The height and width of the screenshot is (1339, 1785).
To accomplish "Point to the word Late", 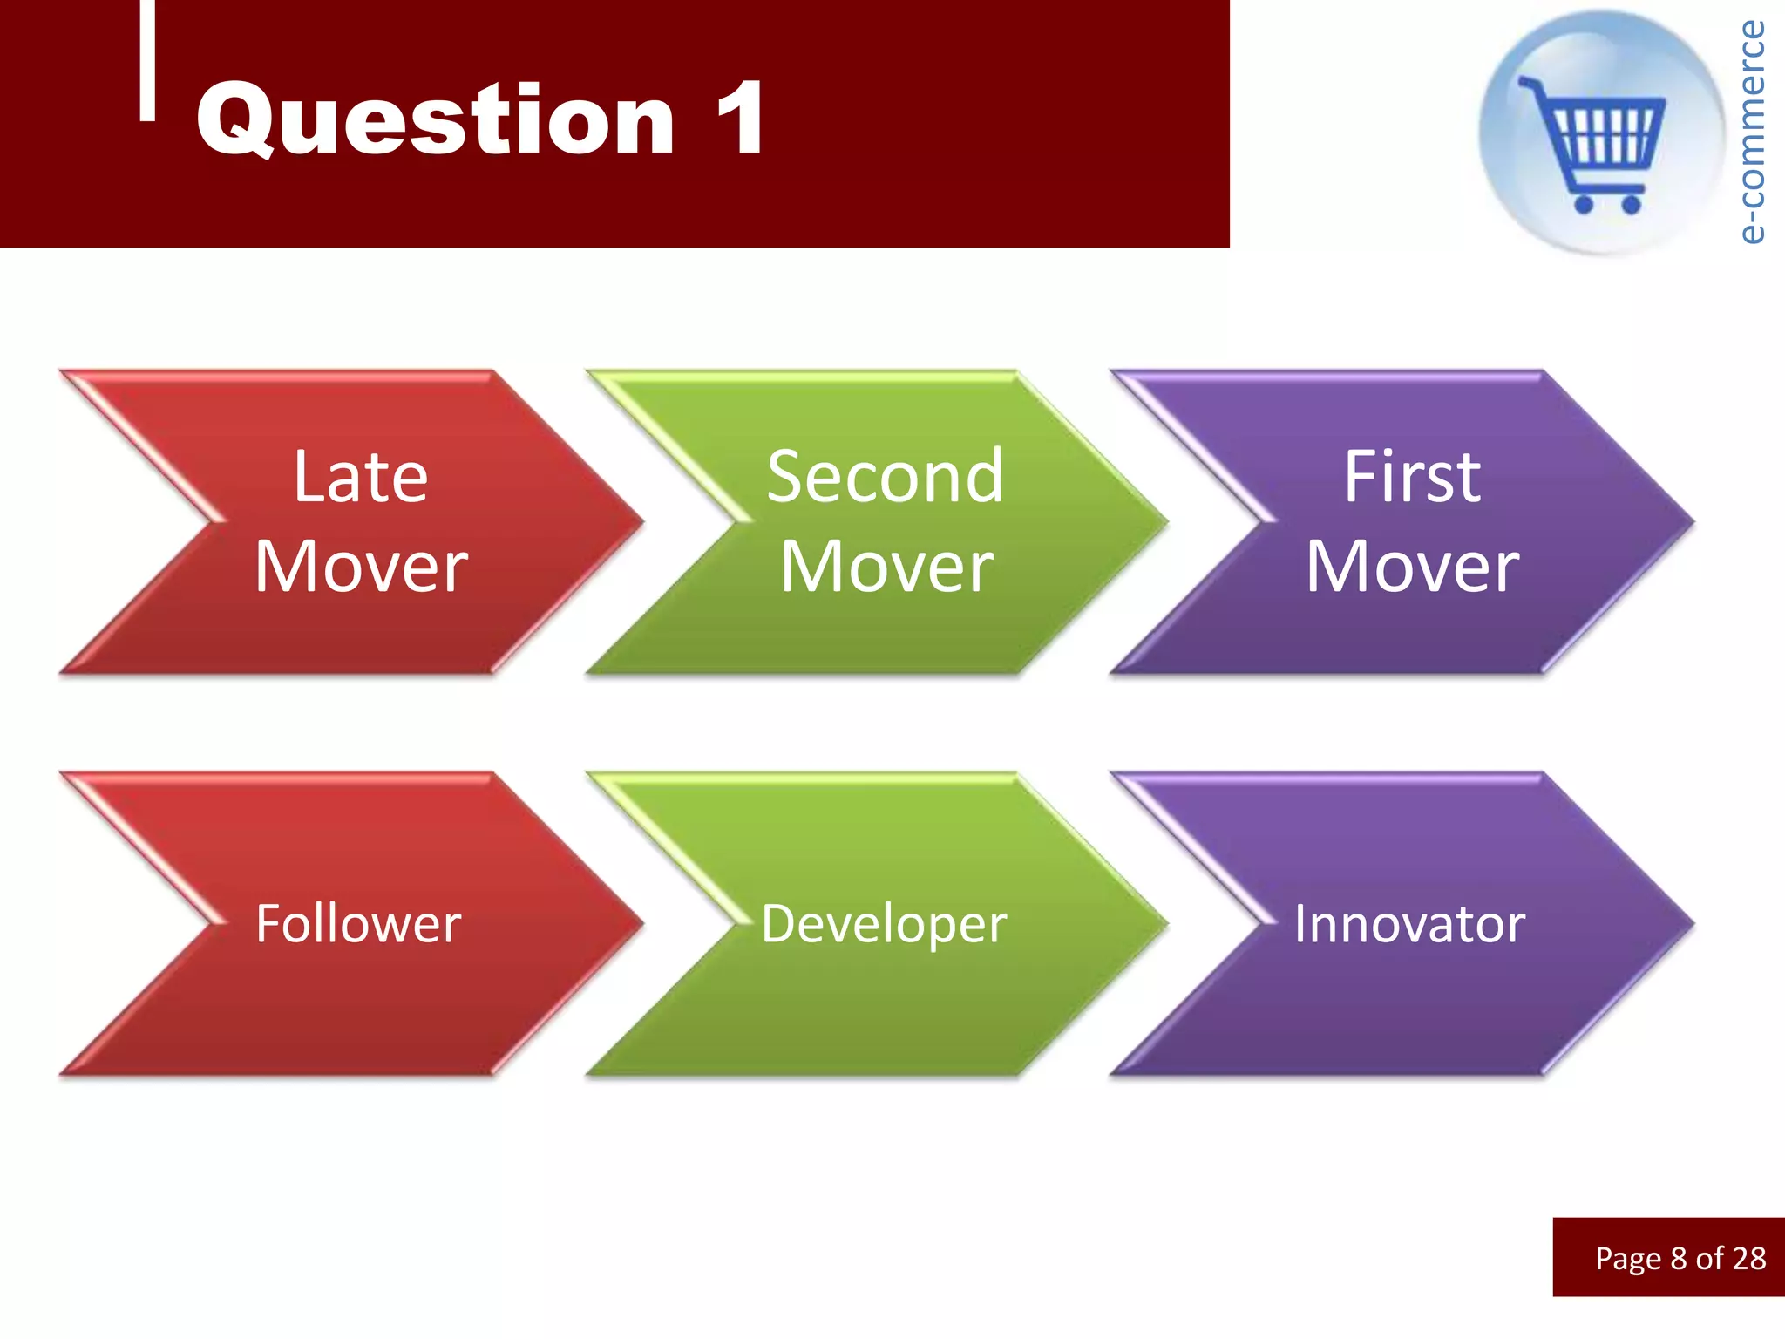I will pos(360,477).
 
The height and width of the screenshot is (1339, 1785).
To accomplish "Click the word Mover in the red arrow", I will pos(362,568).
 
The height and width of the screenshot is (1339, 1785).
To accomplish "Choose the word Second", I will pos(885,477).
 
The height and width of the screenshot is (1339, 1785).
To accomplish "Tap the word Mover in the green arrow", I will pos(886,568).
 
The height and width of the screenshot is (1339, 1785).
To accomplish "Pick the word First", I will pos(1411,477).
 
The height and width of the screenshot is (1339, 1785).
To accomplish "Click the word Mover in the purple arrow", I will pos(1412,568).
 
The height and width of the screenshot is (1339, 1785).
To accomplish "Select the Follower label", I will pos(358,924).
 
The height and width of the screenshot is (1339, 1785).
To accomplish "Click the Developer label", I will pos(884,924).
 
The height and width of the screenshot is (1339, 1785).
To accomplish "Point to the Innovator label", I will pos(1409,924).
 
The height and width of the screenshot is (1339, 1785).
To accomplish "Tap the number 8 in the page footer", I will pos(1678,1259).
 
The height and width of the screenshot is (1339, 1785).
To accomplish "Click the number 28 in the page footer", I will pos(1748,1259).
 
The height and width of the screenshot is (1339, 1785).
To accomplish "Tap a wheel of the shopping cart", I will pos(1584,205).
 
